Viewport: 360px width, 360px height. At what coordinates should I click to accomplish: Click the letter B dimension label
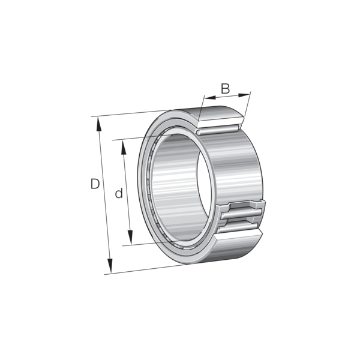point(225,89)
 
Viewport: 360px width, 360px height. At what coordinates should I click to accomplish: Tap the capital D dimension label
point(95,184)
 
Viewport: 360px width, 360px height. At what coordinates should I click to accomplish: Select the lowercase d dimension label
point(119,193)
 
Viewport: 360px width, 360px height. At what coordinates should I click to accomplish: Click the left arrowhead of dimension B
point(210,98)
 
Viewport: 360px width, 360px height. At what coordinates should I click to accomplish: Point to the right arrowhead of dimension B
point(244,95)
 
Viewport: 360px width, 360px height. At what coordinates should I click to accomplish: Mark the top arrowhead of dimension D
point(99,124)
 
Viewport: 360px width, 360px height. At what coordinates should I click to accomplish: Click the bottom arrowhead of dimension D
point(110,266)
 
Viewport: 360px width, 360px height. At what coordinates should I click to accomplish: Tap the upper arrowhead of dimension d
point(124,147)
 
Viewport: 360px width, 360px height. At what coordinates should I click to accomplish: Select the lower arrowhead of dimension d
point(130,238)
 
